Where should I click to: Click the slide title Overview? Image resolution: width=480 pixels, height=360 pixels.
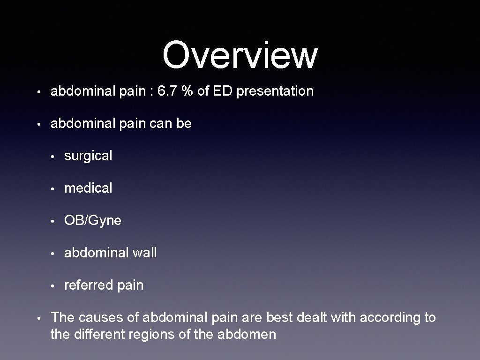coord(240,55)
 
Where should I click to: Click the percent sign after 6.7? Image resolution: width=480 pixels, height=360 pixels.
coord(188,91)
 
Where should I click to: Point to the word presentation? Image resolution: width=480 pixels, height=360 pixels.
coord(275,92)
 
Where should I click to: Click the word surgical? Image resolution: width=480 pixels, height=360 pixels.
coord(88,156)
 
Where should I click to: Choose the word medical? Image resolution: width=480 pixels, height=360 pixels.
coord(88,188)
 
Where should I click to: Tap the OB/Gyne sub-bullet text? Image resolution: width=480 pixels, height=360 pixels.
coord(92,221)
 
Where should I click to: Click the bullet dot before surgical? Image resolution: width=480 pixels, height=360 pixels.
coord(55,157)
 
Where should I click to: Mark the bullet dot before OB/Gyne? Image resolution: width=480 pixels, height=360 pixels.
coord(55,221)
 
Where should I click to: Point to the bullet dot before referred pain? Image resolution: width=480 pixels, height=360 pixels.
coord(55,285)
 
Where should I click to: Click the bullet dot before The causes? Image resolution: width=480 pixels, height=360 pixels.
coord(41,318)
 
